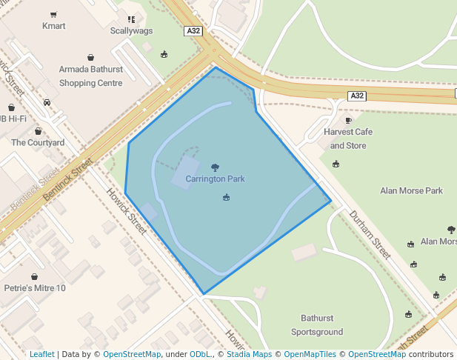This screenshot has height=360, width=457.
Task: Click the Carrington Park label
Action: [215, 179]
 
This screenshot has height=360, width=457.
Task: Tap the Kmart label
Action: [53, 26]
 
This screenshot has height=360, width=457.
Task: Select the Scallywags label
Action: [131, 31]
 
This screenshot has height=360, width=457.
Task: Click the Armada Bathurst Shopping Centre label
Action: [90, 76]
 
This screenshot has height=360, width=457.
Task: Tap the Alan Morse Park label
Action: [411, 190]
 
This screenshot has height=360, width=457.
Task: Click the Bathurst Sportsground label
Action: [317, 325]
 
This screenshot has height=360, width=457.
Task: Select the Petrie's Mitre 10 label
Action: [35, 288]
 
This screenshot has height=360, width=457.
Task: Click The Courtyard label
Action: [38, 142]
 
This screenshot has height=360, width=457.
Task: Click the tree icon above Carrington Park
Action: [215, 167]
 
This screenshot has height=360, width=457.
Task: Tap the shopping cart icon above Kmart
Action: [53, 14]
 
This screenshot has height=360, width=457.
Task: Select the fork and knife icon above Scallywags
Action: [131, 19]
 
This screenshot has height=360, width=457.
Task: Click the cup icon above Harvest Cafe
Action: [348, 120]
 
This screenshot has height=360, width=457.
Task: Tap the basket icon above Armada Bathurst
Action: [90, 57]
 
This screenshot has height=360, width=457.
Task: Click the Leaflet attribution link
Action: [41, 354]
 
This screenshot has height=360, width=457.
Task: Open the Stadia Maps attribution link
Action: [249, 354]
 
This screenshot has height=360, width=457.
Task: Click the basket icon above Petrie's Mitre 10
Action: [34, 276]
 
